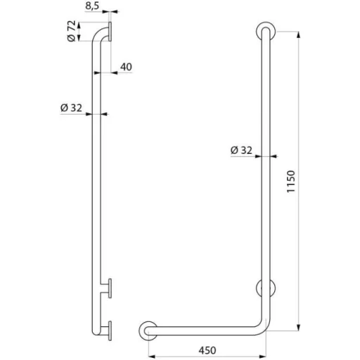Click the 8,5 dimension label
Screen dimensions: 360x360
pos(92,6)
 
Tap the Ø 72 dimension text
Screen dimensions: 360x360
pos(72,31)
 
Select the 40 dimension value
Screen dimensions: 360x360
pos(126,67)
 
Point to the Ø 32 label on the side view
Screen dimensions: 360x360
pos(71,108)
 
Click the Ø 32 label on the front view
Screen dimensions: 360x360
pos(241,150)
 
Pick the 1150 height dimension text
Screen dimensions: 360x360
pos(290,181)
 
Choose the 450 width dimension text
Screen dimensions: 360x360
pos(207,351)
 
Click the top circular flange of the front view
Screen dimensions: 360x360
pos(266,32)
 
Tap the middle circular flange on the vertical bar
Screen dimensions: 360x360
pos(266,288)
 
